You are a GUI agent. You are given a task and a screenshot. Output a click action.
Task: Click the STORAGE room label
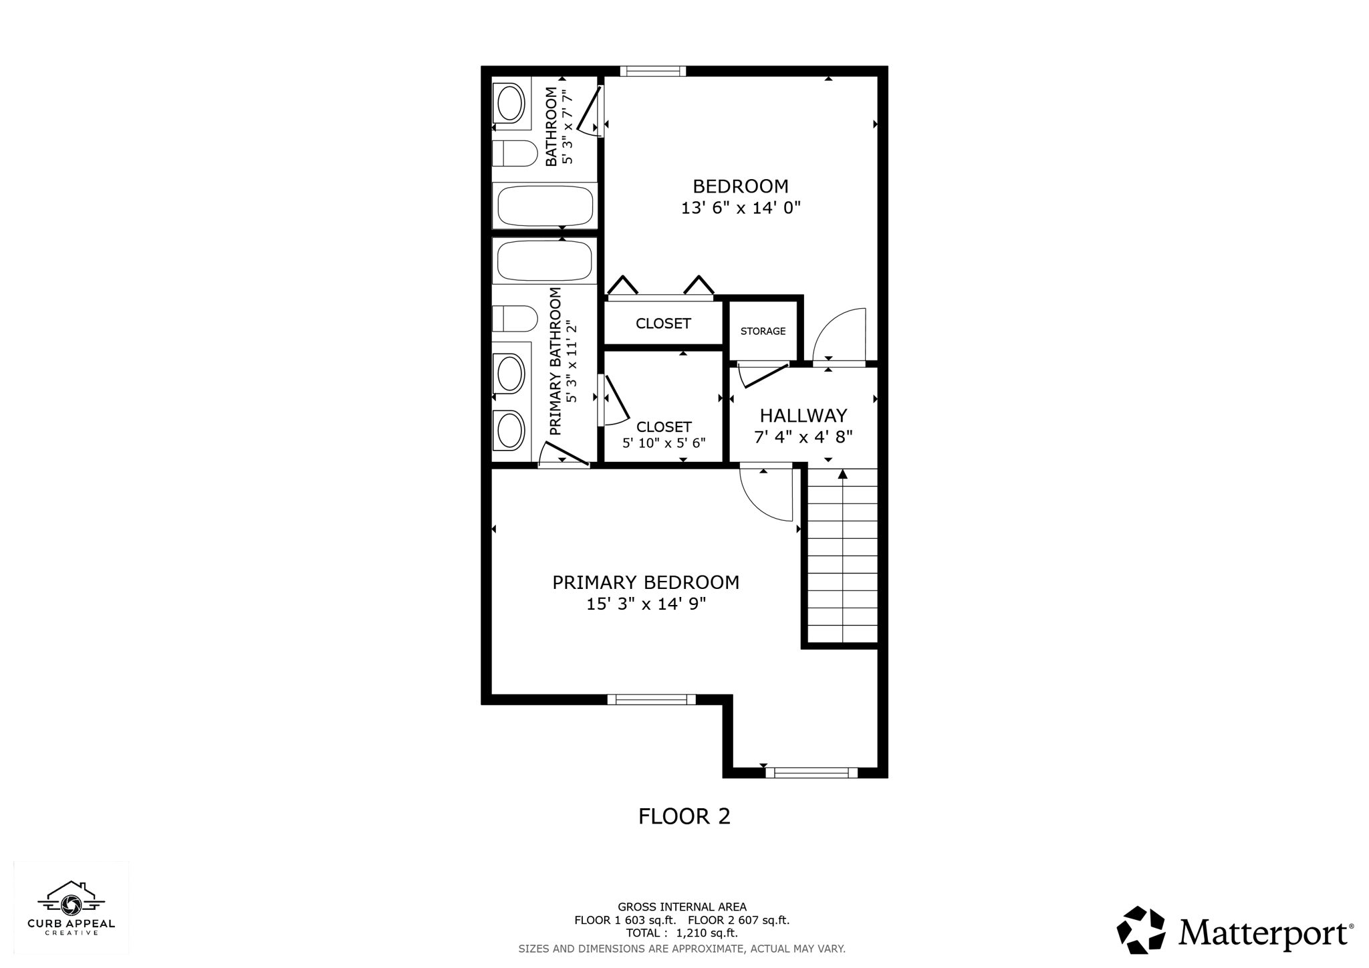[763, 332]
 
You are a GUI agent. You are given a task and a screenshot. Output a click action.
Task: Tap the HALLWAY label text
[803, 416]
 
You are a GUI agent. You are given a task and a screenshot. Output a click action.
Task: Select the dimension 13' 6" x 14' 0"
[741, 208]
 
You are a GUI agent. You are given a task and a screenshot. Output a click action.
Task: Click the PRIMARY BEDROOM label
[646, 583]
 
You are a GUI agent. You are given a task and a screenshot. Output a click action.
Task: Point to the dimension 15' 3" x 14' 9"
[646, 604]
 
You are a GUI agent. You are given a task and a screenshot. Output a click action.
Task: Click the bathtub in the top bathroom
[545, 205]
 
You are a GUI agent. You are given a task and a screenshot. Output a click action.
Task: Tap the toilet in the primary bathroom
[515, 319]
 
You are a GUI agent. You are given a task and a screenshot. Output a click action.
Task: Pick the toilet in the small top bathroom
[515, 154]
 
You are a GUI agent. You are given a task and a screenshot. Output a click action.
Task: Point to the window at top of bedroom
[653, 71]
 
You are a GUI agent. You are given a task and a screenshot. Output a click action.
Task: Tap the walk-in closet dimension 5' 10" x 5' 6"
[664, 443]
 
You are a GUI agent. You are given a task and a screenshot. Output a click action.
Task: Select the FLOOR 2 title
[684, 816]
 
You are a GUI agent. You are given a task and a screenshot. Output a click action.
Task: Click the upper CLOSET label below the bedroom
[663, 324]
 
